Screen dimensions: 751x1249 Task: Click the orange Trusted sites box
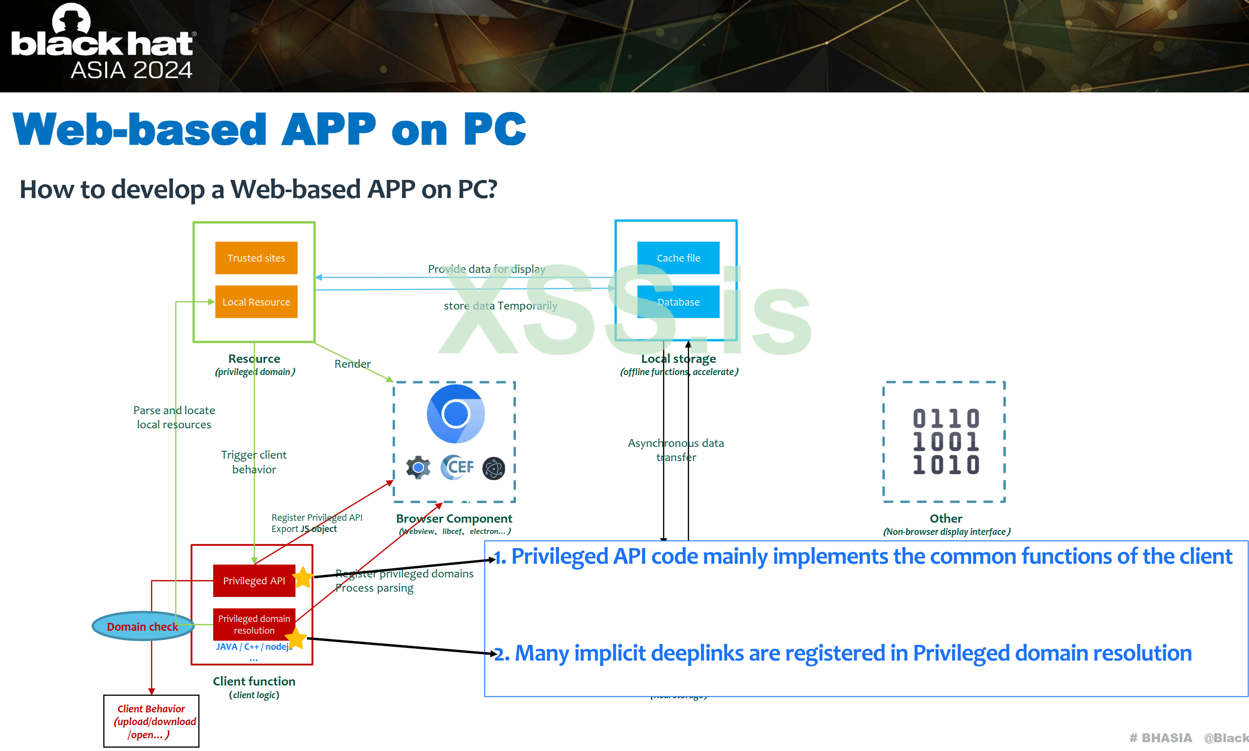coord(256,258)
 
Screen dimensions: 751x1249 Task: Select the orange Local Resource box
coord(256,302)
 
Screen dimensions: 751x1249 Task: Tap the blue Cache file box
coord(678,258)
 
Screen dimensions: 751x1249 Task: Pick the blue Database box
coord(678,302)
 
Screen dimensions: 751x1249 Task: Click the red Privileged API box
coord(253,580)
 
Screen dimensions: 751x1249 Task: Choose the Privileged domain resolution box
coord(253,624)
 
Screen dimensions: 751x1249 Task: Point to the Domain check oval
coord(143,626)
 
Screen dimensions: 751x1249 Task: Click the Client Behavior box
coord(151,721)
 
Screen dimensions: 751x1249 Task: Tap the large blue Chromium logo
coord(455,414)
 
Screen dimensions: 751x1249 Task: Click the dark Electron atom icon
coord(493,468)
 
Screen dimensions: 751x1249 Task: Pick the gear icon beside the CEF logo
coord(418,467)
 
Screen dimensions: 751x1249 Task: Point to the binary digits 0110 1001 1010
coord(946,442)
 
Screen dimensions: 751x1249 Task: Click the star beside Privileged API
coord(303,577)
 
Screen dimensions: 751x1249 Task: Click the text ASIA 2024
coord(132,70)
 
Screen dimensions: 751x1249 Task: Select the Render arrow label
coord(352,364)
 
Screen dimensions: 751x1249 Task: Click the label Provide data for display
coord(486,269)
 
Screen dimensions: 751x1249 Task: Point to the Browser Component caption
coord(454,519)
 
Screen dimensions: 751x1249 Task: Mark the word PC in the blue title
coord(494,129)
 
